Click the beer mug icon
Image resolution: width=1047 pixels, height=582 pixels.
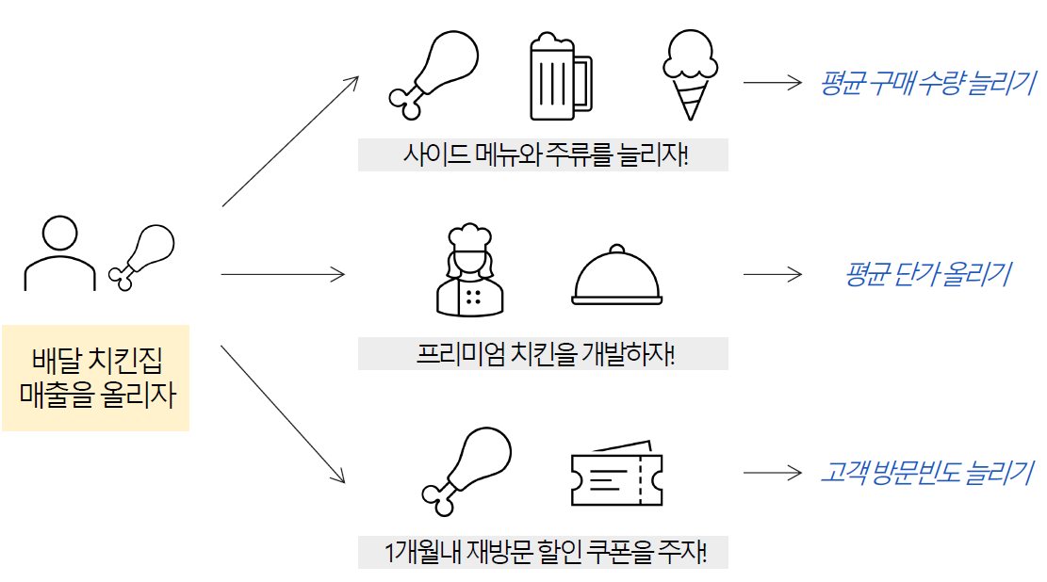tap(560, 77)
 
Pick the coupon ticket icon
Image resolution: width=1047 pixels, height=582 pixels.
tap(616, 474)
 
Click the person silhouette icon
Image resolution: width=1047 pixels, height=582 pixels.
tap(60, 253)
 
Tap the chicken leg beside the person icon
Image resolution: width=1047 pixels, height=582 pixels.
tap(143, 253)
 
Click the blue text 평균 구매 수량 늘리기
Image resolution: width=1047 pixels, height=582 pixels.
tap(927, 83)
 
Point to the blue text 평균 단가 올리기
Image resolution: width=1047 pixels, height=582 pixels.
tap(927, 274)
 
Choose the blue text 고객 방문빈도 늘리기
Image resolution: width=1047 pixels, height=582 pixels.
tap(927, 473)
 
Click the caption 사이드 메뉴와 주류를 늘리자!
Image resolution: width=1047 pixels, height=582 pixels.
tap(543, 154)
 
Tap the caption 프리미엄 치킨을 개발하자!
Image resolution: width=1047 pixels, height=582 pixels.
tap(543, 354)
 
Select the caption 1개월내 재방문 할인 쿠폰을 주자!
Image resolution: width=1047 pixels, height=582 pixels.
tap(543, 553)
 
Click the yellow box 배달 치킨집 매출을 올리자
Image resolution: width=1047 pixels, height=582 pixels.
tap(95, 378)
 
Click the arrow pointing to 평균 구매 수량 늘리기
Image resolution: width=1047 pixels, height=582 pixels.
tap(772, 83)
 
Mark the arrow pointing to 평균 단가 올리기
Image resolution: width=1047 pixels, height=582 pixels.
tap(772, 274)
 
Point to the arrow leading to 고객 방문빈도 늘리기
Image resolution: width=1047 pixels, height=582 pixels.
tap(772, 473)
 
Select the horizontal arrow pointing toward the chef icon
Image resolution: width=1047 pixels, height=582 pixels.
tap(283, 274)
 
